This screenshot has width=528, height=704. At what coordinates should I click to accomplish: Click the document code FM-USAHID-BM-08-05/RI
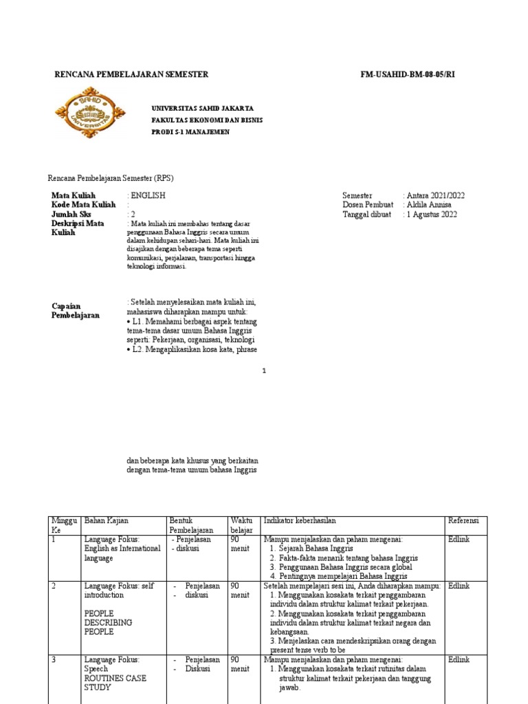click(x=408, y=74)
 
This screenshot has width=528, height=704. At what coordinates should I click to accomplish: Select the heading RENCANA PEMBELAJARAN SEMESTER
click(x=131, y=74)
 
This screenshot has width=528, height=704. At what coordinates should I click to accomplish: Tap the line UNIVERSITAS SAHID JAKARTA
click(x=202, y=109)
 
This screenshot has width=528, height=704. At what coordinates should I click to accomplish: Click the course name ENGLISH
click(x=148, y=195)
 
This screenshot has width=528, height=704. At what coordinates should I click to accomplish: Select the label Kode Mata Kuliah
click(x=84, y=205)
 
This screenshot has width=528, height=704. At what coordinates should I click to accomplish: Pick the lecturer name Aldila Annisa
click(x=430, y=205)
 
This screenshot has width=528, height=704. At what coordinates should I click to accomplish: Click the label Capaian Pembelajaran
click(x=76, y=310)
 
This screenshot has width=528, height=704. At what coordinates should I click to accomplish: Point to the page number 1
click(x=264, y=371)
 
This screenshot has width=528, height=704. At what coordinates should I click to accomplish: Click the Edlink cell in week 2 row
click(x=459, y=586)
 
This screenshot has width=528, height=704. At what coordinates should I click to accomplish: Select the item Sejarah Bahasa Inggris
click(x=311, y=549)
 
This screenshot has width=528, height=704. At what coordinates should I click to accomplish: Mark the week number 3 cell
click(x=54, y=659)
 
